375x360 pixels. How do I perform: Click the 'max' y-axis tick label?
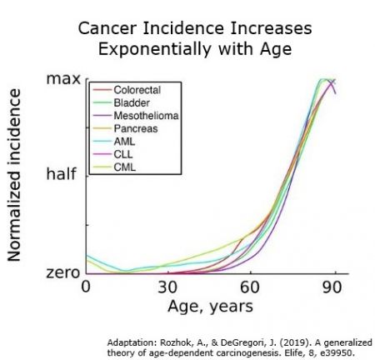(x=64, y=80)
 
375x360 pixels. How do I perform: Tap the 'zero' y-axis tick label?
(x=63, y=272)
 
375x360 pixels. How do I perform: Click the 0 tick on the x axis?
(x=86, y=288)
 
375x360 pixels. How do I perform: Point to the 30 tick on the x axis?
(x=168, y=288)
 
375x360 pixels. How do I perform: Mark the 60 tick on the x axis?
(x=251, y=288)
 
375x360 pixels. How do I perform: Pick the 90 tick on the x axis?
(x=333, y=288)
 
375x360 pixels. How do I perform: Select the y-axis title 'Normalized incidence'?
(x=16, y=177)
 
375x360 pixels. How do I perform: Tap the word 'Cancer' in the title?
(x=104, y=29)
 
